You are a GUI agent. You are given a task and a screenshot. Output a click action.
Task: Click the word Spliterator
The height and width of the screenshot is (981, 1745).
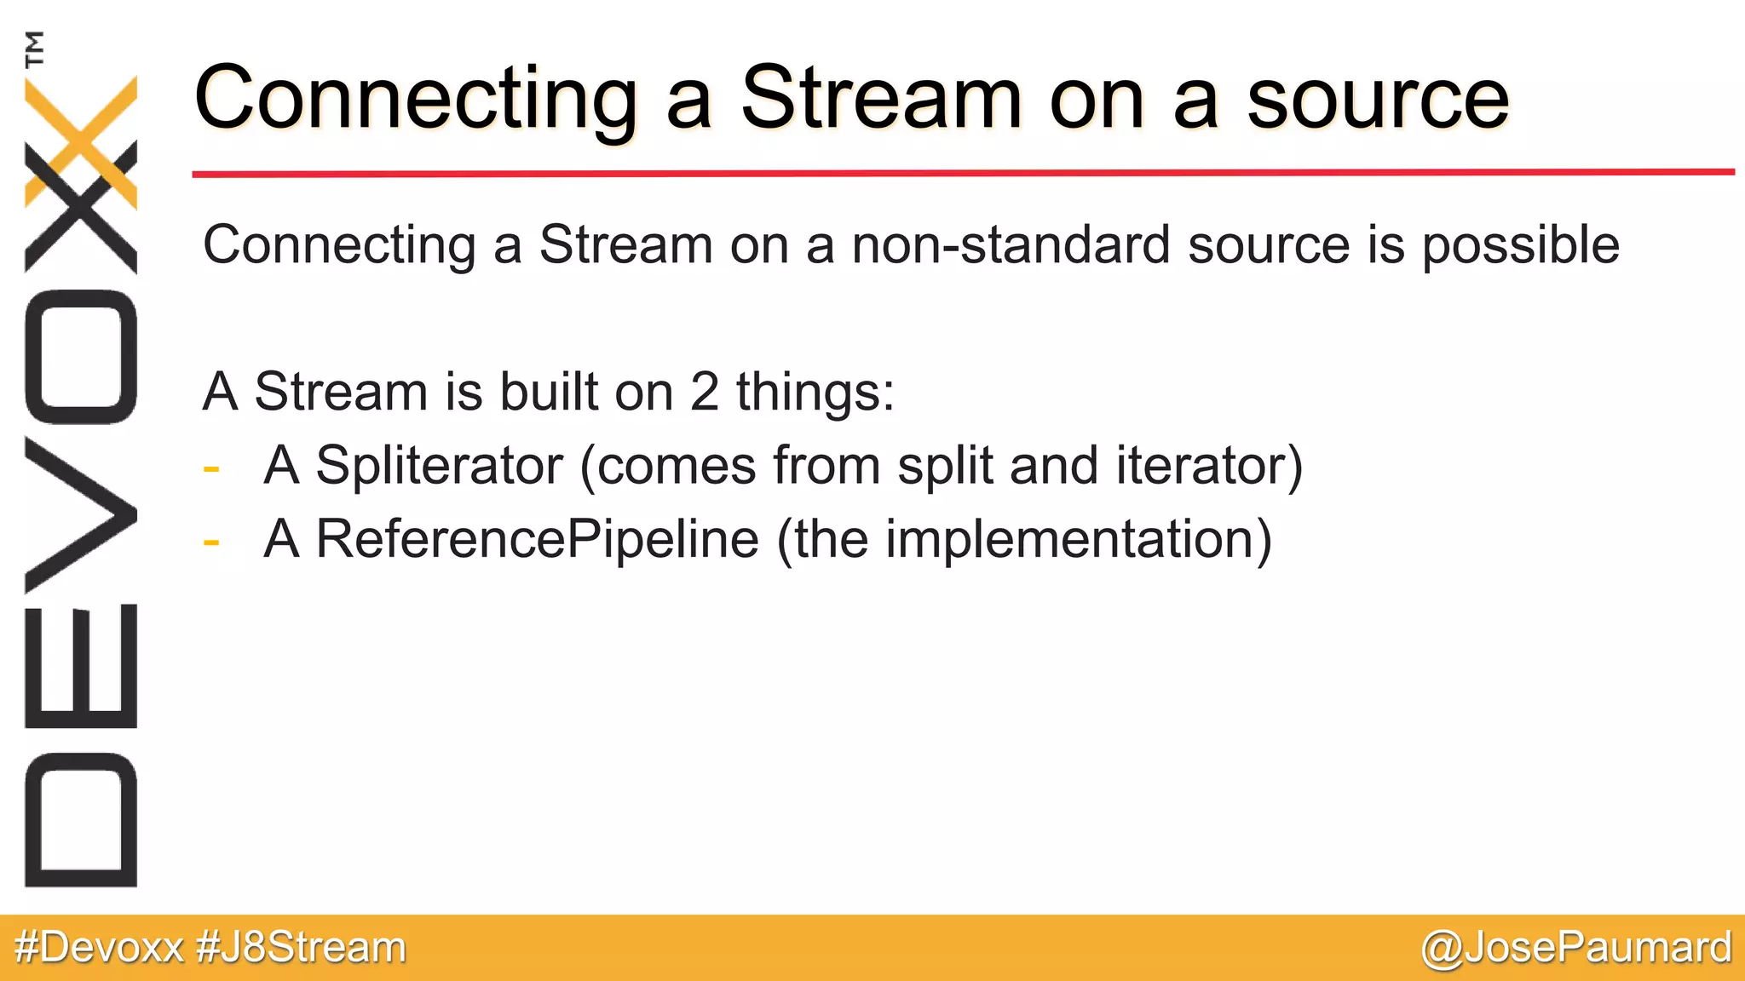pyautogui.click(x=439, y=466)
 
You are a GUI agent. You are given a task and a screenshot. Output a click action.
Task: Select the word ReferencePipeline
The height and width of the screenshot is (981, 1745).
pyautogui.click(x=537, y=539)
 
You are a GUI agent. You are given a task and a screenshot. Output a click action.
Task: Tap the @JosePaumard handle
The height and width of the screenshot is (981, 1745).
pyautogui.click(x=1576, y=948)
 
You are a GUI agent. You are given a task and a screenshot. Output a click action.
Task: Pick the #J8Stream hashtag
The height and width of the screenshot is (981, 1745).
pyautogui.click(x=301, y=948)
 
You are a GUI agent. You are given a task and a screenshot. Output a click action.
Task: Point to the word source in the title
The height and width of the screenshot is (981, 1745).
pyautogui.click(x=1378, y=99)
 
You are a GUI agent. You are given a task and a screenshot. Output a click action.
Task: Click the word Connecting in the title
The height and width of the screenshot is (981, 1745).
pyautogui.click(x=416, y=99)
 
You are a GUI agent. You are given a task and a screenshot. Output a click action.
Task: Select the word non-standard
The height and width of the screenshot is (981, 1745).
pyautogui.click(x=1011, y=245)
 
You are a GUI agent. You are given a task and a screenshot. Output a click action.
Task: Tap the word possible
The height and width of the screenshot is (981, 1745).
pyautogui.click(x=1521, y=245)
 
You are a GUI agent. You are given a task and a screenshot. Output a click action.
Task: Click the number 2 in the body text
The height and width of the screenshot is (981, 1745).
pyautogui.click(x=704, y=392)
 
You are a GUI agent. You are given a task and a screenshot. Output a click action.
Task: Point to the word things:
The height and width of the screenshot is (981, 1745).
pyautogui.click(x=815, y=392)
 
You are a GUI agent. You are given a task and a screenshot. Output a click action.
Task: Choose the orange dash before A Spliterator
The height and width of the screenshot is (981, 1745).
pyautogui.click(x=211, y=468)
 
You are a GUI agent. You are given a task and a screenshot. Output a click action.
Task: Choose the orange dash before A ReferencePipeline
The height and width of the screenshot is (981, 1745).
pyautogui.click(x=211, y=542)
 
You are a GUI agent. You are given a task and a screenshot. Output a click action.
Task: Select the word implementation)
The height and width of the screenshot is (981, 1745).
pyautogui.click(x=1079, y=539)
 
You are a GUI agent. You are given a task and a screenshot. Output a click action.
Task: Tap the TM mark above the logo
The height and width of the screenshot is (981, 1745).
pyautogui.click(x=35, y=49)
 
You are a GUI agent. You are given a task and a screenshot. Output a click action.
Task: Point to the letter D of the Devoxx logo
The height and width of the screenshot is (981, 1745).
pyautogui.click(x=81, y=819)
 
